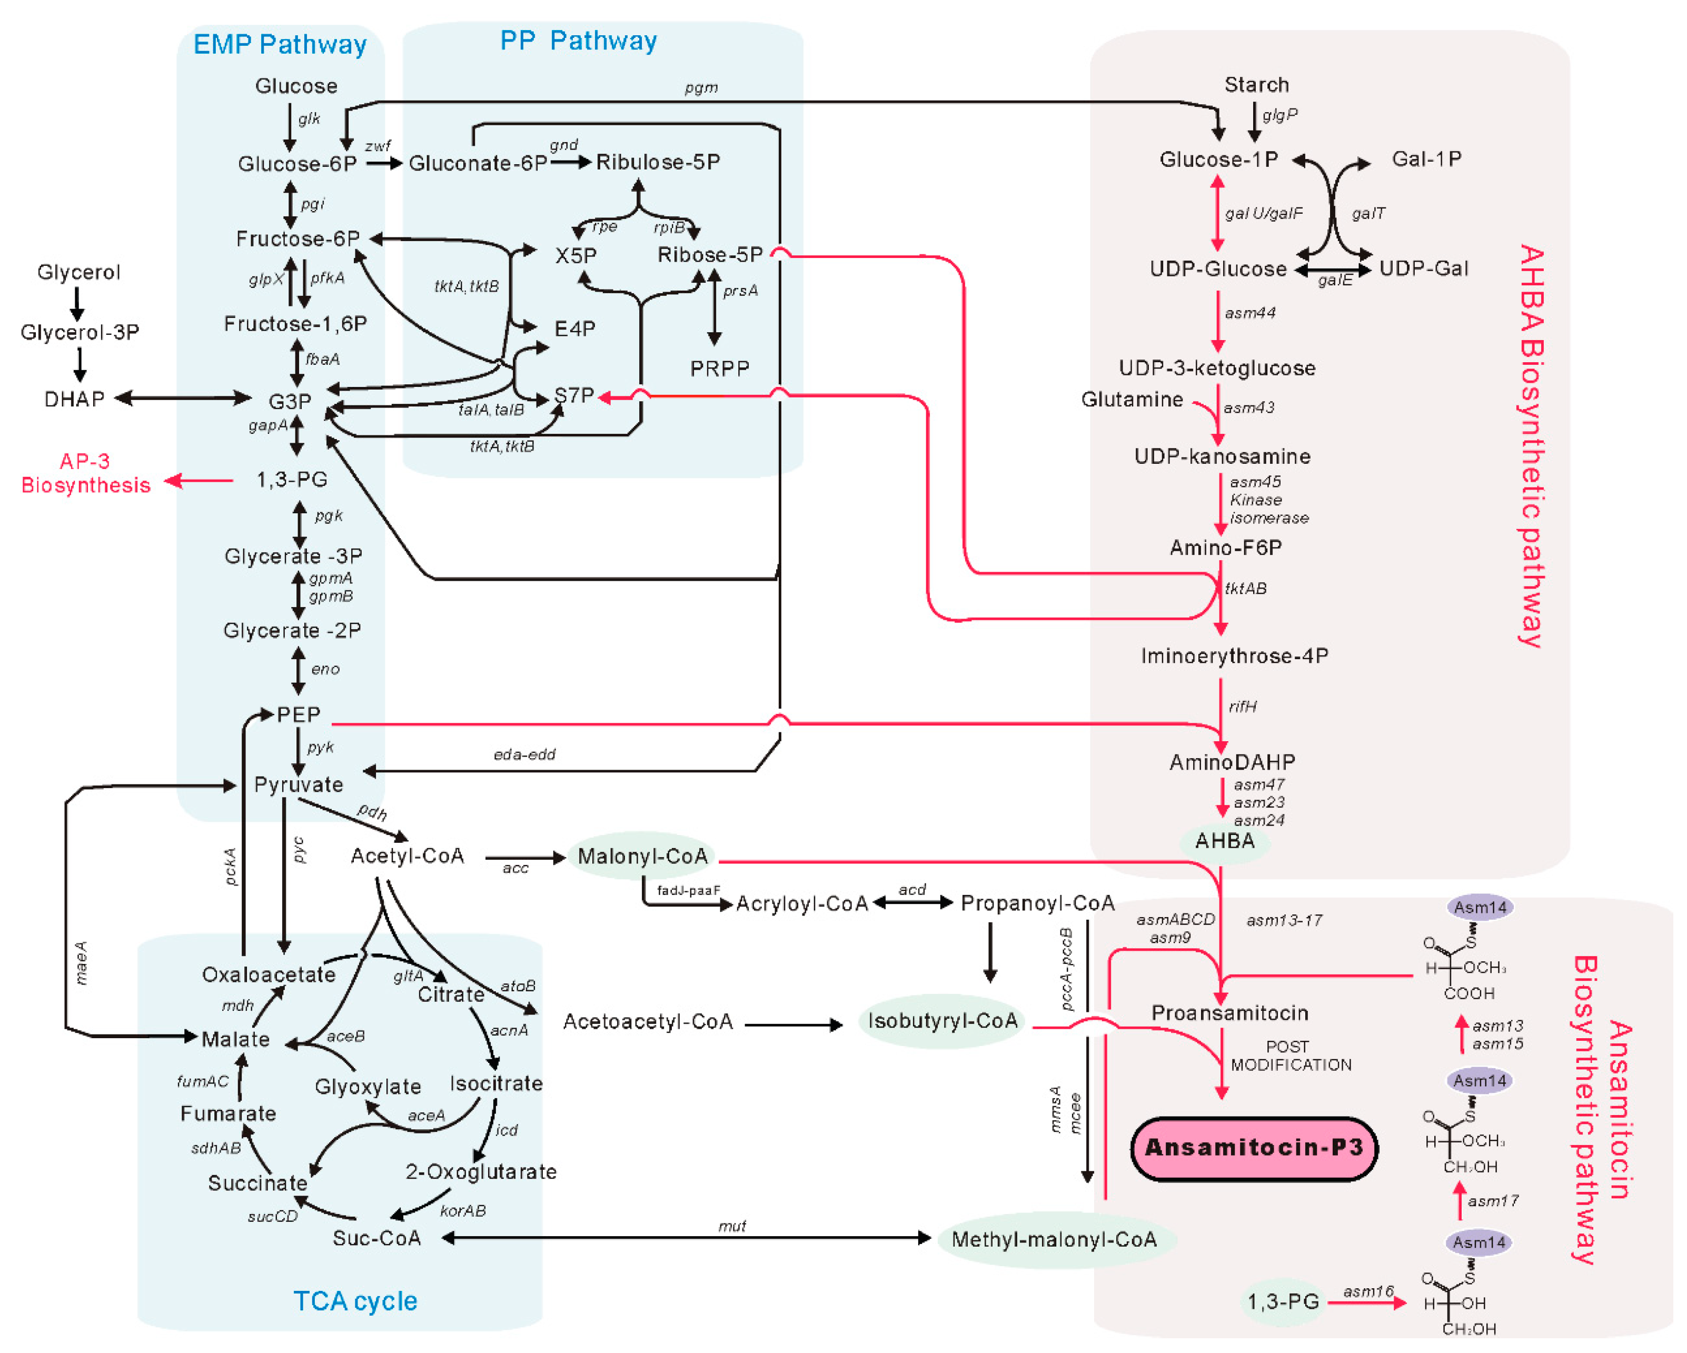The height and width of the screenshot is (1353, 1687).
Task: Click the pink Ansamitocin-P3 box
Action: pos(1254,1148)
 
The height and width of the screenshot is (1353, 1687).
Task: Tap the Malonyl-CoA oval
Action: pos(642,856)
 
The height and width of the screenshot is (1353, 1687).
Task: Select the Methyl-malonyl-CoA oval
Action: pos(1054,1239)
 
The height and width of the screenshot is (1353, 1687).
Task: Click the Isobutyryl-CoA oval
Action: pos(941,1020)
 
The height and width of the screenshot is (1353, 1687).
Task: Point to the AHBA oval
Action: pos(1225,841)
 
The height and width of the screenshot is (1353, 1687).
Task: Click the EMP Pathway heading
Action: pos(280,45)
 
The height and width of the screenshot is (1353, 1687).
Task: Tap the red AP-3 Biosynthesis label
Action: pos(85,473)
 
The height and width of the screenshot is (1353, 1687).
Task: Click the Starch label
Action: pos(1256,85)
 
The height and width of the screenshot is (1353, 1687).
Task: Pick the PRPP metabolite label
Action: pos(719,369)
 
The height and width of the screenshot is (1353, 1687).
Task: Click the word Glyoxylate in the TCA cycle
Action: pos(368,1087)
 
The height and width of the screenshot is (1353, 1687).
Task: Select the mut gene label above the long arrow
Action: pos(731,1226)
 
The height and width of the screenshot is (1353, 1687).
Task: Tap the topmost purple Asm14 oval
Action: pos(1479,908)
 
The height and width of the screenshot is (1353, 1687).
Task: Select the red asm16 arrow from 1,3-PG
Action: pos(1365,1303)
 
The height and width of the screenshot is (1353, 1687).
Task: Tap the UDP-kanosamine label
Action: pos(1222,456)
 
